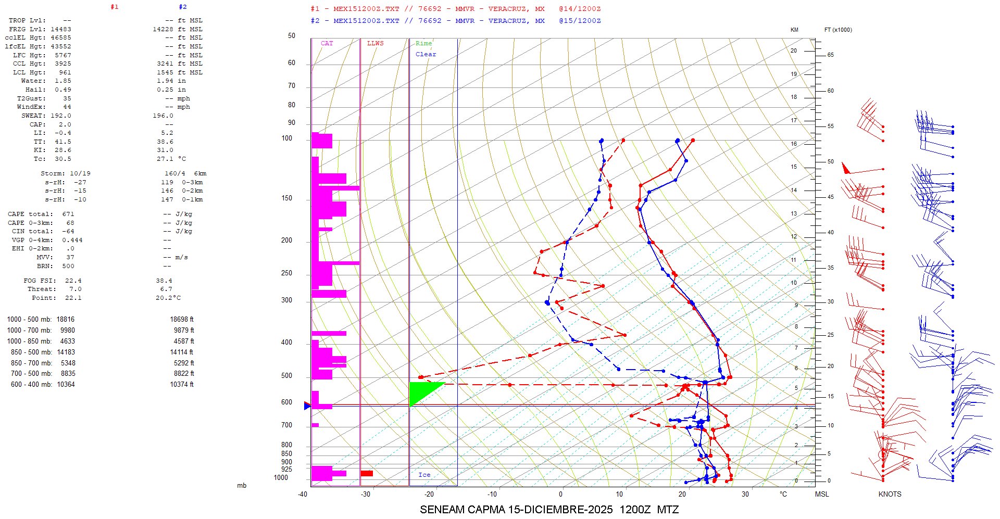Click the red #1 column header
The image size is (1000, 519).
point(115,7)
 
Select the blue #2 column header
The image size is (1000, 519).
point(182,7)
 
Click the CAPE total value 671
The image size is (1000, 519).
point(68,214)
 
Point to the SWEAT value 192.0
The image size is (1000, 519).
point(61,116)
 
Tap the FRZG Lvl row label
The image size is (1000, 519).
point(26,29)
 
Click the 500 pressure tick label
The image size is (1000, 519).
point(286,376)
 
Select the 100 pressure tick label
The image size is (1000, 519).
point(286,138)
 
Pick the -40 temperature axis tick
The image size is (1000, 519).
point(303,494)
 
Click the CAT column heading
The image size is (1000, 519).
point(327,43)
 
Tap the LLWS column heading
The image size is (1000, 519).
point(375,43)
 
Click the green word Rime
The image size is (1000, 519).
point(423,43)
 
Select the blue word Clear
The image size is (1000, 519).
point(426,54)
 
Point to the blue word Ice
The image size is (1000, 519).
point(424,475)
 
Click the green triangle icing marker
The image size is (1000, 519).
point(422,390)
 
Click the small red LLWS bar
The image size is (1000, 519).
point(367,473)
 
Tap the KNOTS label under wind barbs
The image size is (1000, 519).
point(890,494)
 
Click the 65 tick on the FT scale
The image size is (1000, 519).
point(830,55)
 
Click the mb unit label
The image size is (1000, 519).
point(242,486)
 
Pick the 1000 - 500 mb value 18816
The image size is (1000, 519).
point(66,320)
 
